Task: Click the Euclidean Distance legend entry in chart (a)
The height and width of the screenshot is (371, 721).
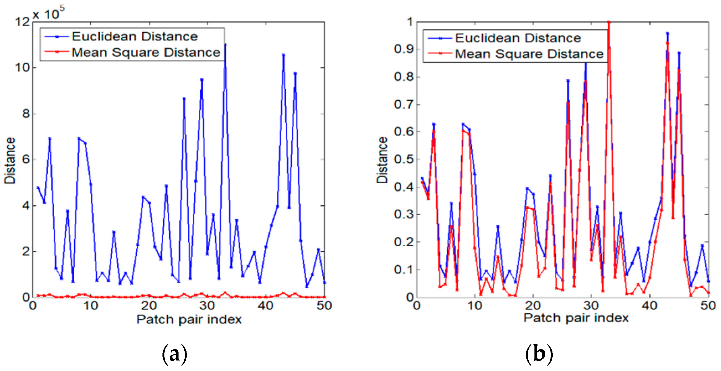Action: [134, 36]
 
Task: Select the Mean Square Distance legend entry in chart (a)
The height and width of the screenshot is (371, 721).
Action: [146, 53]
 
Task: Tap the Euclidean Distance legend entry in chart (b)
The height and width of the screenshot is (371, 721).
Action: [518, 38]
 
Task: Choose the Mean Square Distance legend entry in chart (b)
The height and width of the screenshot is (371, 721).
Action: [529, 54]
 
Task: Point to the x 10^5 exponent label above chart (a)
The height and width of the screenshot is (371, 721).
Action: [49, 14]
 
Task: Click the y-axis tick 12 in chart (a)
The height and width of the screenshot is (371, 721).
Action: [22, 22]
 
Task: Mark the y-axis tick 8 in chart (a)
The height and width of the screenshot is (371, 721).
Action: [26, 114]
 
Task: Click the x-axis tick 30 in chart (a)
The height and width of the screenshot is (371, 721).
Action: [207, 306]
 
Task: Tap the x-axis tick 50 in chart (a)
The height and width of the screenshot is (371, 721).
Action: [324, 306]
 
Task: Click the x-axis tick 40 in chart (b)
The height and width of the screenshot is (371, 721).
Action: [649, 306]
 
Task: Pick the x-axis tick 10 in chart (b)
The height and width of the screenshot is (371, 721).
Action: [475, 306]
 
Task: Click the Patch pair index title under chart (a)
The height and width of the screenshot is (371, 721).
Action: [189, 319]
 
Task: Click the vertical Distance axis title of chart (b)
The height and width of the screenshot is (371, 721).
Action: [382, 160]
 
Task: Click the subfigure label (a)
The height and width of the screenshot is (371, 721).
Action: [174, 354]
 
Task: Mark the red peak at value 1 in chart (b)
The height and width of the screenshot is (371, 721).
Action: [608, 22]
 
